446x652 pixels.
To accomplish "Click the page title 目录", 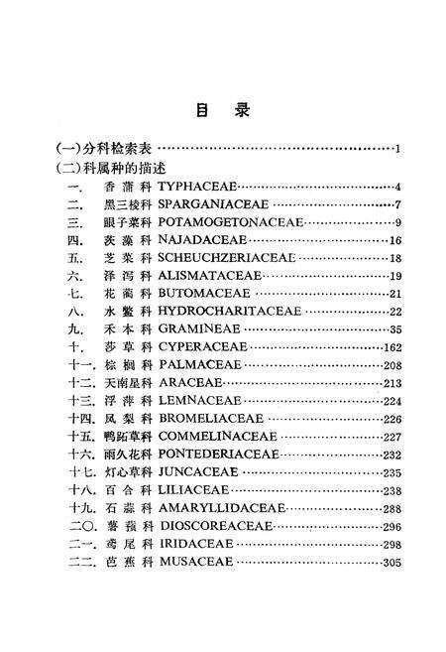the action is pos(222,111).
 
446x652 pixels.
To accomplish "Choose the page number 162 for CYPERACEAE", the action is pos(390,346).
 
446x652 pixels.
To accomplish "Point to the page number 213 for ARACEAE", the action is pos(390,383).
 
